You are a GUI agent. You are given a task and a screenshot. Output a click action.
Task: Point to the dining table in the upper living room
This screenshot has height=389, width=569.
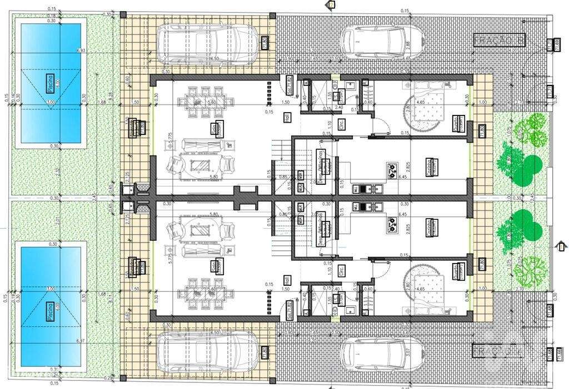(x=199, y=102)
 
